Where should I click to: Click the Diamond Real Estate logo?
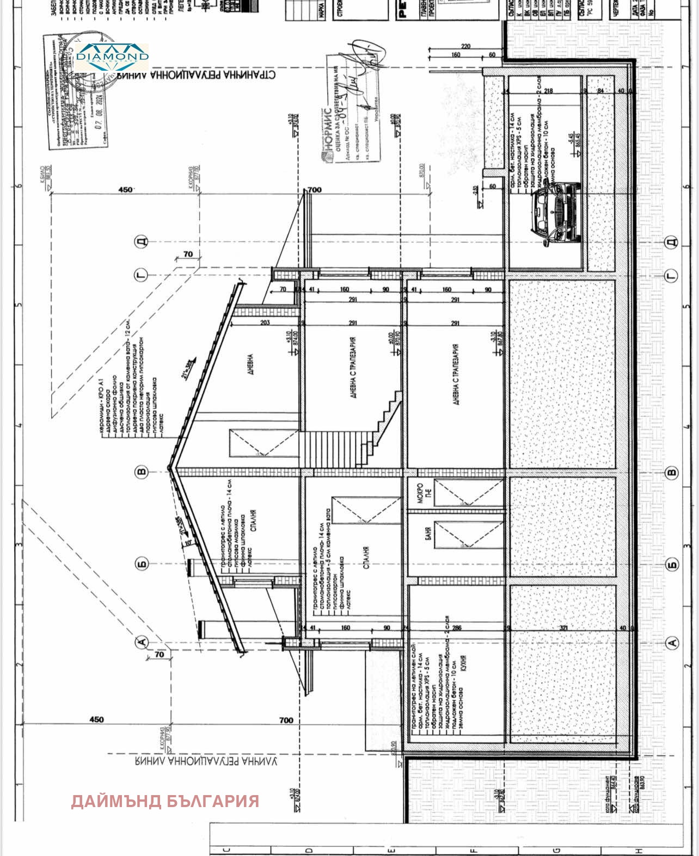pyautogui.click(x=112, y=57)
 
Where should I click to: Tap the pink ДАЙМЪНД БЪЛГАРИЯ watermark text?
pyautogui.click(x=165, y=801)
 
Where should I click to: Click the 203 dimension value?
pyautogui.click(x=265, y=322)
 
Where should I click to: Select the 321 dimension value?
pyautogui.click(x=564, y=628)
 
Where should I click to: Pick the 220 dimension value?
pyautogui.click(x=465, y=47)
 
